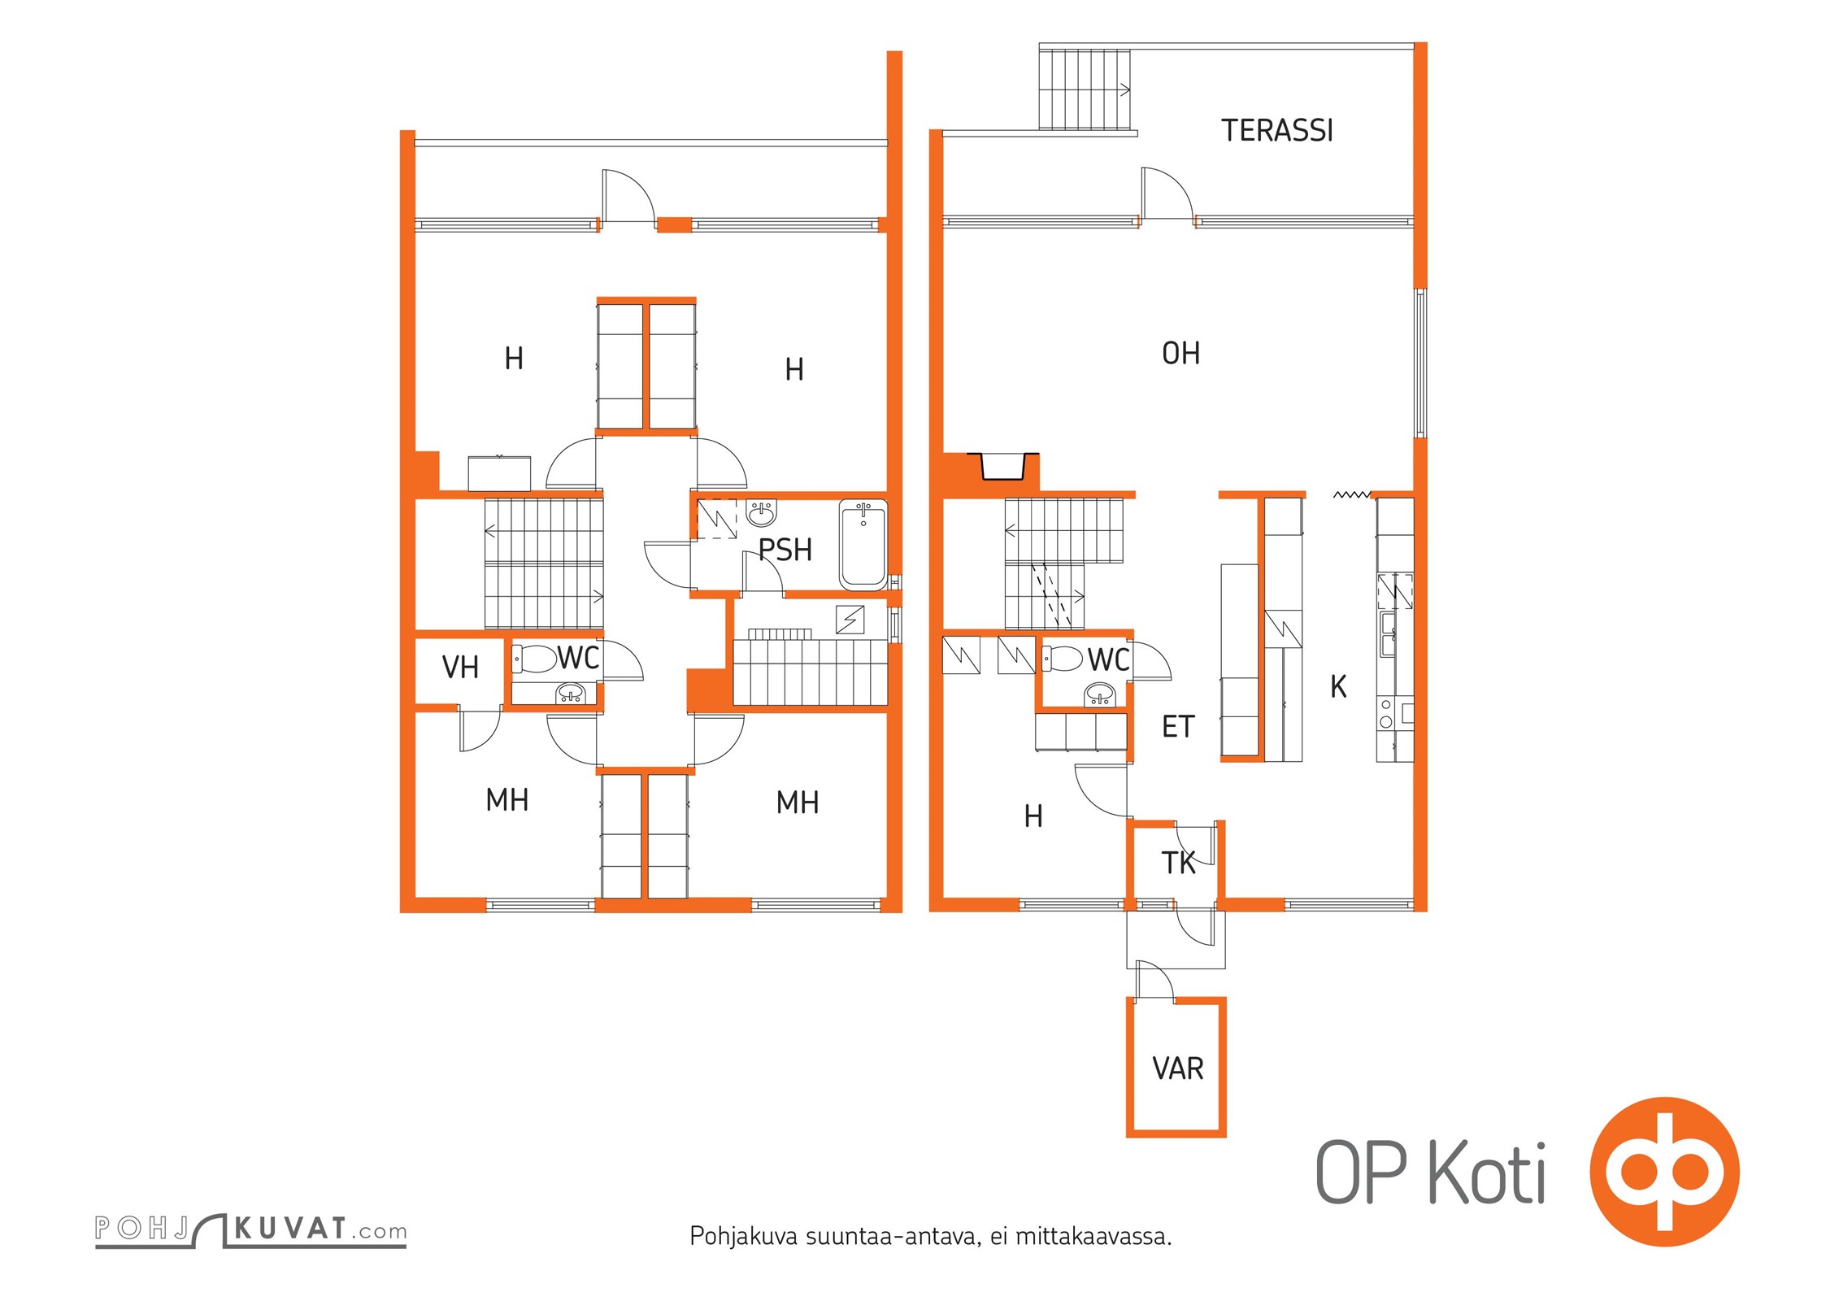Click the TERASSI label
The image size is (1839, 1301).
coord(1276,130)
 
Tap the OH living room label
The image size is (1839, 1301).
coord(1180,353)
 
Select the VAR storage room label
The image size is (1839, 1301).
coord(1177,1068)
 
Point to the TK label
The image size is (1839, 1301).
coord(1178,863)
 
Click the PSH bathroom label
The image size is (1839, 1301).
coord(785,550)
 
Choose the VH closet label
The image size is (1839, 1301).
coord(460,668)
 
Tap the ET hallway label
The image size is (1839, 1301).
coord(1178,726)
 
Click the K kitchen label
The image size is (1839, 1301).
coord(1338,687)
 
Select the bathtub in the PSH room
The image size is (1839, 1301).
coord(863,544)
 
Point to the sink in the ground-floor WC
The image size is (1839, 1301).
coord(1100,694)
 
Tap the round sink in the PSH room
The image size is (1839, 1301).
coord(761,513)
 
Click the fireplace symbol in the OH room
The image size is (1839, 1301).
coord(1002,466)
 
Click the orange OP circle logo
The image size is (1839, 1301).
coord(1665,1172)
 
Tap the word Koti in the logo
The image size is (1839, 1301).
coord(1487,1173)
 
